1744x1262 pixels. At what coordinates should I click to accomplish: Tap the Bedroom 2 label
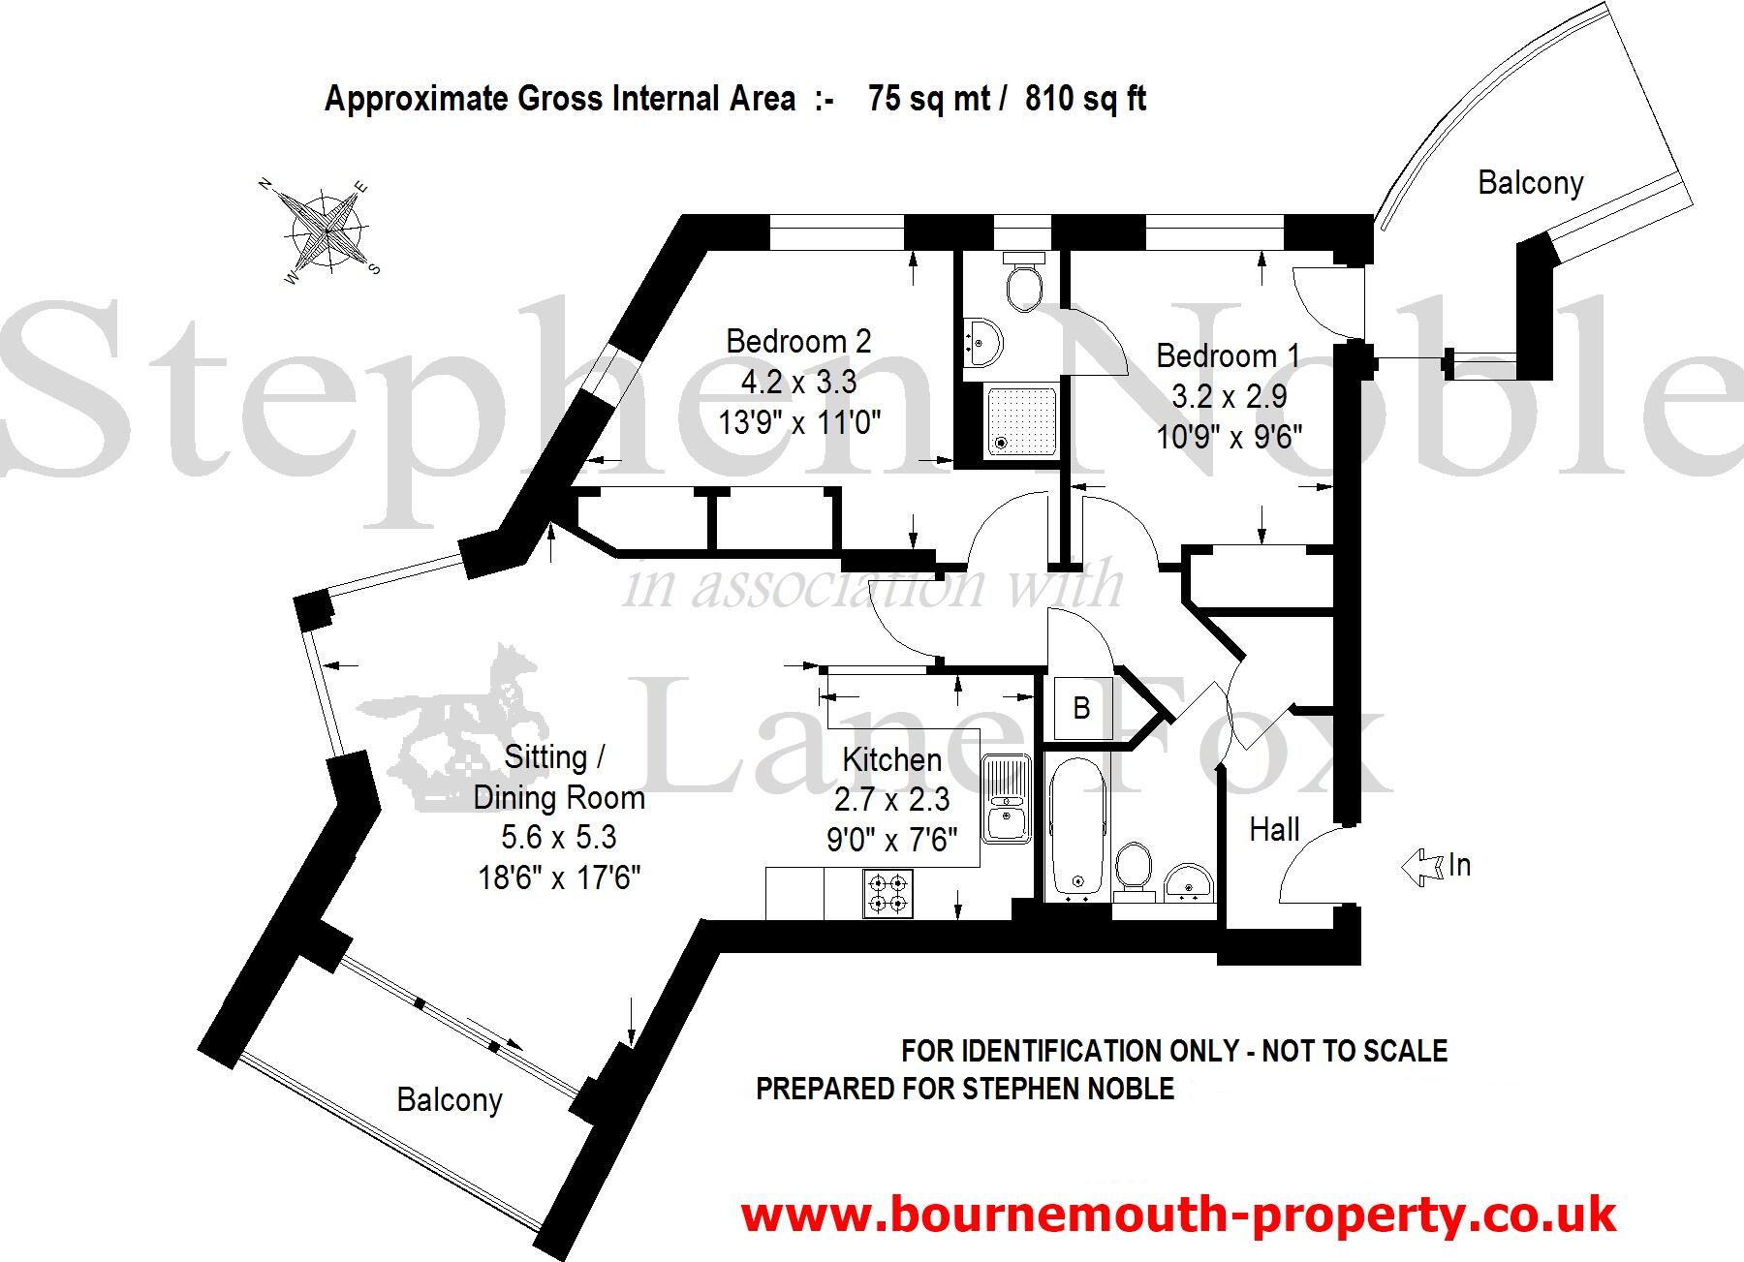click(798, 341)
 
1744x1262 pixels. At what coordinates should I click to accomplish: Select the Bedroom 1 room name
click(1228, 356)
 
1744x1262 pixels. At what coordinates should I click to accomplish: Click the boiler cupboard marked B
click(1081, 708)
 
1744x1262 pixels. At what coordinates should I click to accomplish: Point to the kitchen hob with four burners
click(888, 894)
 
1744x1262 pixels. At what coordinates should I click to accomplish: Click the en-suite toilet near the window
click(1023, 281)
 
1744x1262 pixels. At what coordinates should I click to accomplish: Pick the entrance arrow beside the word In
click(1421, 866)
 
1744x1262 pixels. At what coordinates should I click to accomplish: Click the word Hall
click(1274, 830)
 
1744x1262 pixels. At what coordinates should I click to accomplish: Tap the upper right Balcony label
click(1530, 183)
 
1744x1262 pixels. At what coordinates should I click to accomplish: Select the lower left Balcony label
click(450, 1100)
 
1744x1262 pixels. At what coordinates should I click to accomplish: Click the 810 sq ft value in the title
click(1085, 99)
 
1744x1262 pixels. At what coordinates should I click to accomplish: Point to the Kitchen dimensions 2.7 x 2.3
click(891, 800)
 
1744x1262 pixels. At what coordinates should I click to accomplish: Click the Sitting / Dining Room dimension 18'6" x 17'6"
click(559, 877)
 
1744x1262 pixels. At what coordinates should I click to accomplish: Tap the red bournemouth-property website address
click(1178, 1215)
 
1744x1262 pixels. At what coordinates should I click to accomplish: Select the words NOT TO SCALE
click(1354, 1051)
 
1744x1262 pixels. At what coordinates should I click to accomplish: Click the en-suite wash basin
click(983, 342)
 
